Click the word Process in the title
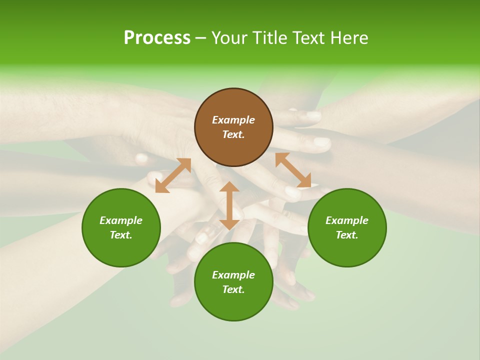point(157,38)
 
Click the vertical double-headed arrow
point(229,205)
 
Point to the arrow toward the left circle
point(173,175)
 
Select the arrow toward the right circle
point(293,170)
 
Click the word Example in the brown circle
point(233,120)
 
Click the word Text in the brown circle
point(232,134)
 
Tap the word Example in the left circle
point(121,220)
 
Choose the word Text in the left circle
point(120,235)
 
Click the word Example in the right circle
point(347,220)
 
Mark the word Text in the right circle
point(346,235)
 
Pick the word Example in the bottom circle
point(233,275)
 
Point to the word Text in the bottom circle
point(232,289)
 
